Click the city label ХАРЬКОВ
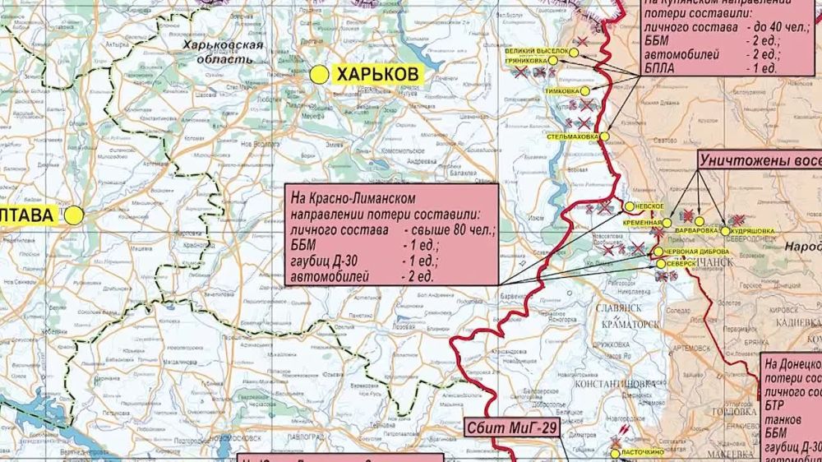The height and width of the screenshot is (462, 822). tap(378, 75)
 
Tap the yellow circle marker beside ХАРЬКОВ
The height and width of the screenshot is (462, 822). tap(320, 75)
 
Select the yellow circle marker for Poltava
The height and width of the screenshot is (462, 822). tap(75, 215)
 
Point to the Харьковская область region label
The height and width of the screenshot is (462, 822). tap(224, 52)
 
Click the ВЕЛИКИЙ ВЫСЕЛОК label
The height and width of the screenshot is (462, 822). tap(536, 52)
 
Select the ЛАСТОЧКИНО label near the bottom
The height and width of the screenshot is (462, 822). tap(642, 453)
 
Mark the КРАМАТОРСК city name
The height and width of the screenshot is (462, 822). tap(630, 325)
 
